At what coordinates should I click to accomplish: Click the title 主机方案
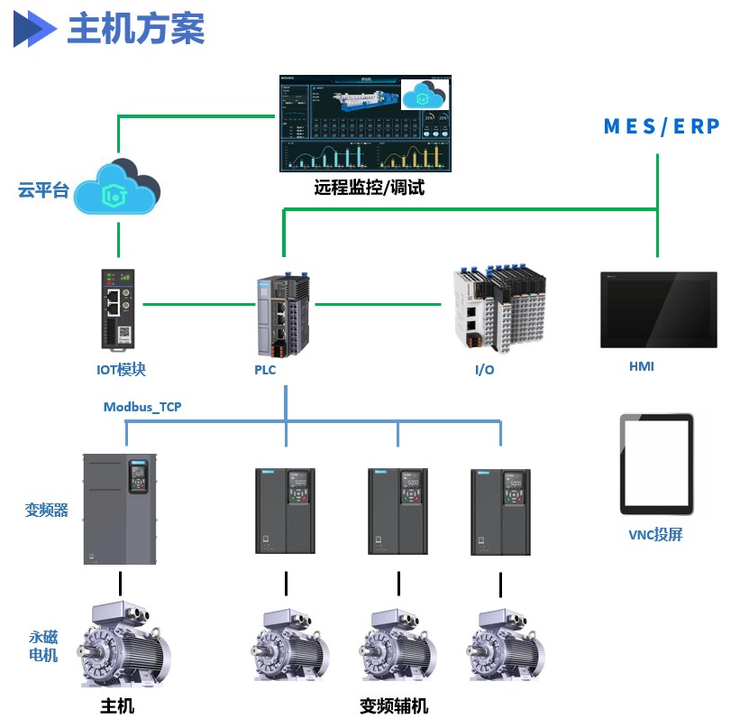(136, 29)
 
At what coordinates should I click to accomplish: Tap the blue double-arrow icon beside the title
(34, 29)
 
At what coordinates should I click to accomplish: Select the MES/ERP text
(661, 126)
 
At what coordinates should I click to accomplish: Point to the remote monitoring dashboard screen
(364, 124)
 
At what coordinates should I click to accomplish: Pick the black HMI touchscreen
(659, 309)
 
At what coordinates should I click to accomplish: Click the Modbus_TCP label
(142, 407)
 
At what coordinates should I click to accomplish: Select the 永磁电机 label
(43, 646)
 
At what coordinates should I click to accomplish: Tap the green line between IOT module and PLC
(197, 305)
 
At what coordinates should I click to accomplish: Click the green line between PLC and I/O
(382, 305)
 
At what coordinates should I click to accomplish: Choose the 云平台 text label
(43, 190)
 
